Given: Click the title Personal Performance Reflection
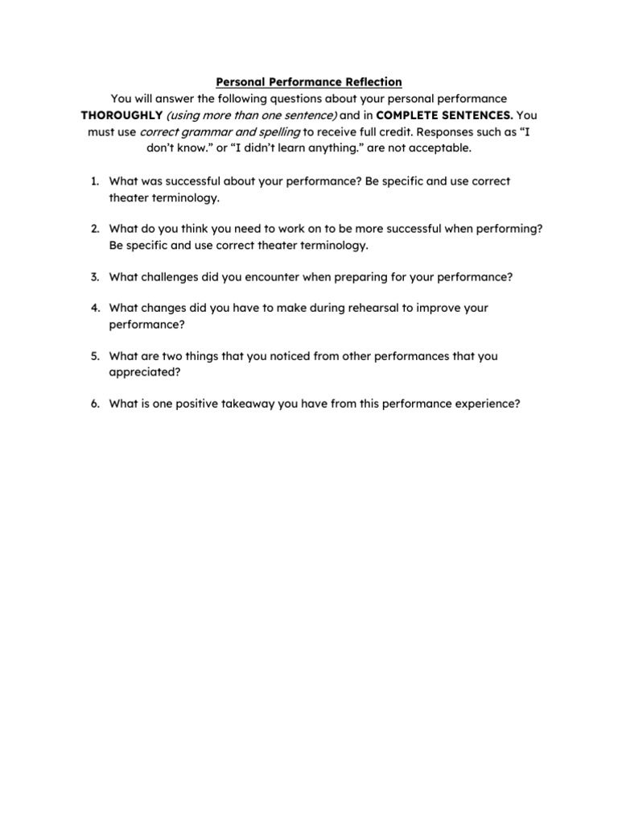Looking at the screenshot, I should point(309,82).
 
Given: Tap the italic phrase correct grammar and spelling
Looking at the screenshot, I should point(220,132).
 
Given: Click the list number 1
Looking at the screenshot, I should point(93,181).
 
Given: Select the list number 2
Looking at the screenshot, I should point(93,229).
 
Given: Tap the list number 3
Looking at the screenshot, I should point(93,276).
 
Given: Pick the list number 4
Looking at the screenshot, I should point(93,308).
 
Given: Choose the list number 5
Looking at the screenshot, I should point(93,355).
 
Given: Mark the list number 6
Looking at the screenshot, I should point(93,404).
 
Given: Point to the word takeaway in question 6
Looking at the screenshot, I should point(241,404).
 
